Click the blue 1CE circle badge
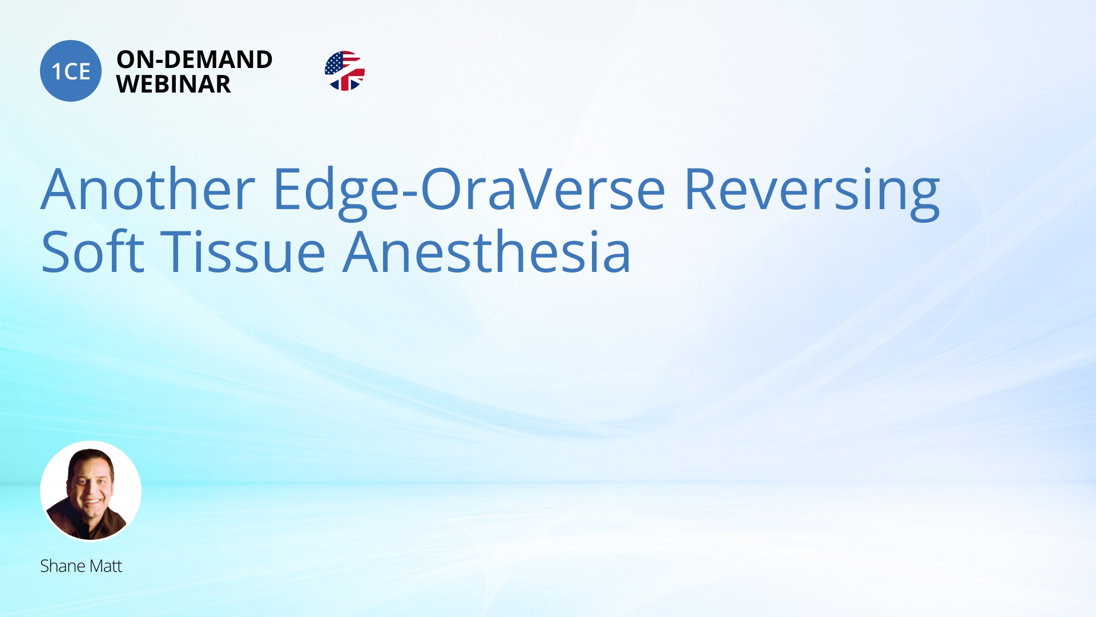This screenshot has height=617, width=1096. coord(71,71)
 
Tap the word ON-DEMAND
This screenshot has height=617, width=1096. coord(194,59)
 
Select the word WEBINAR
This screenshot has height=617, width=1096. coord(174,85)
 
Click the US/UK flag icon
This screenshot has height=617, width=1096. coord(345,71)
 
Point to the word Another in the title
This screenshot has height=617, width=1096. coord(148,189)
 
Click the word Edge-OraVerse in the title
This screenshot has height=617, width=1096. coord(469,190)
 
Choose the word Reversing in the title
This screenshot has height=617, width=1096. coord(811,190)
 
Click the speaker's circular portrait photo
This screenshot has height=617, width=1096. coord(91,491)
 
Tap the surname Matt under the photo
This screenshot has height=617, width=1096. coord(106,566)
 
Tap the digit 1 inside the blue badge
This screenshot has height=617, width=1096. coord(57,72)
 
